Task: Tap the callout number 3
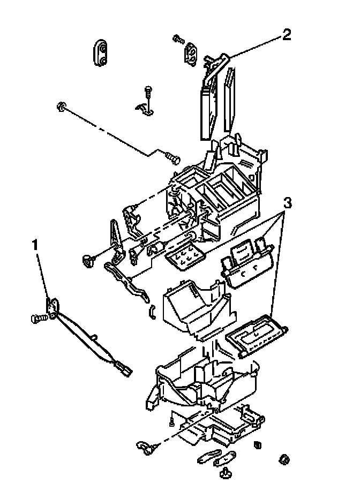[288, 203]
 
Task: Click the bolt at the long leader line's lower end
[172, 157]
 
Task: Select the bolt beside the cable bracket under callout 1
[38, 319]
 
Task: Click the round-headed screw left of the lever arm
[88, 260]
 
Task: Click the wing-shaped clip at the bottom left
[145, 445]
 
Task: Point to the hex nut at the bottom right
[284, 459]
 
